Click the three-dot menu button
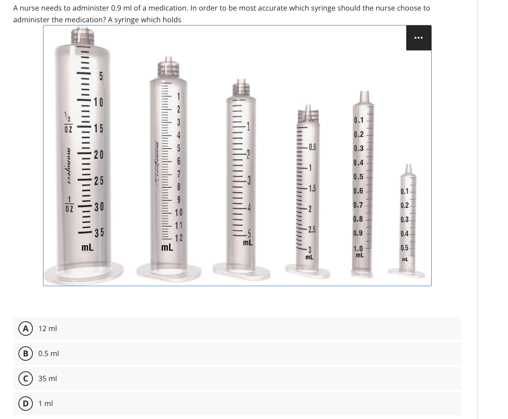[x=418, y=38]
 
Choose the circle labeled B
[x=25, y=353]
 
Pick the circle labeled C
[x=25, y=378]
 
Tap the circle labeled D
[x=25, y=403]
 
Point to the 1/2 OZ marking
[x=68, y=122]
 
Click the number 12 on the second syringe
[x=179, y=238]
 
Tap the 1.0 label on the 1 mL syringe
[x=358, y=248]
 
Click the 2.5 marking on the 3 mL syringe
[x=312, y=229]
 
